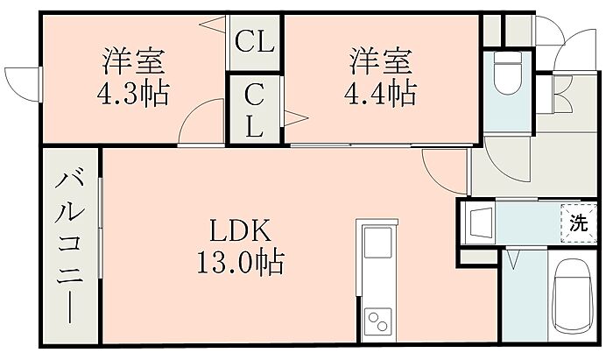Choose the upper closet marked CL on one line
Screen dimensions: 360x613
(x=255, y=40)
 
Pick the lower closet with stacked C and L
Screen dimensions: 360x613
(x=254, y=109)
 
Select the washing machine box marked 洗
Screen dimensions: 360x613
(x=579, y=222)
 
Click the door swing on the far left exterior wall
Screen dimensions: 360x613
(x=21, y=83)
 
